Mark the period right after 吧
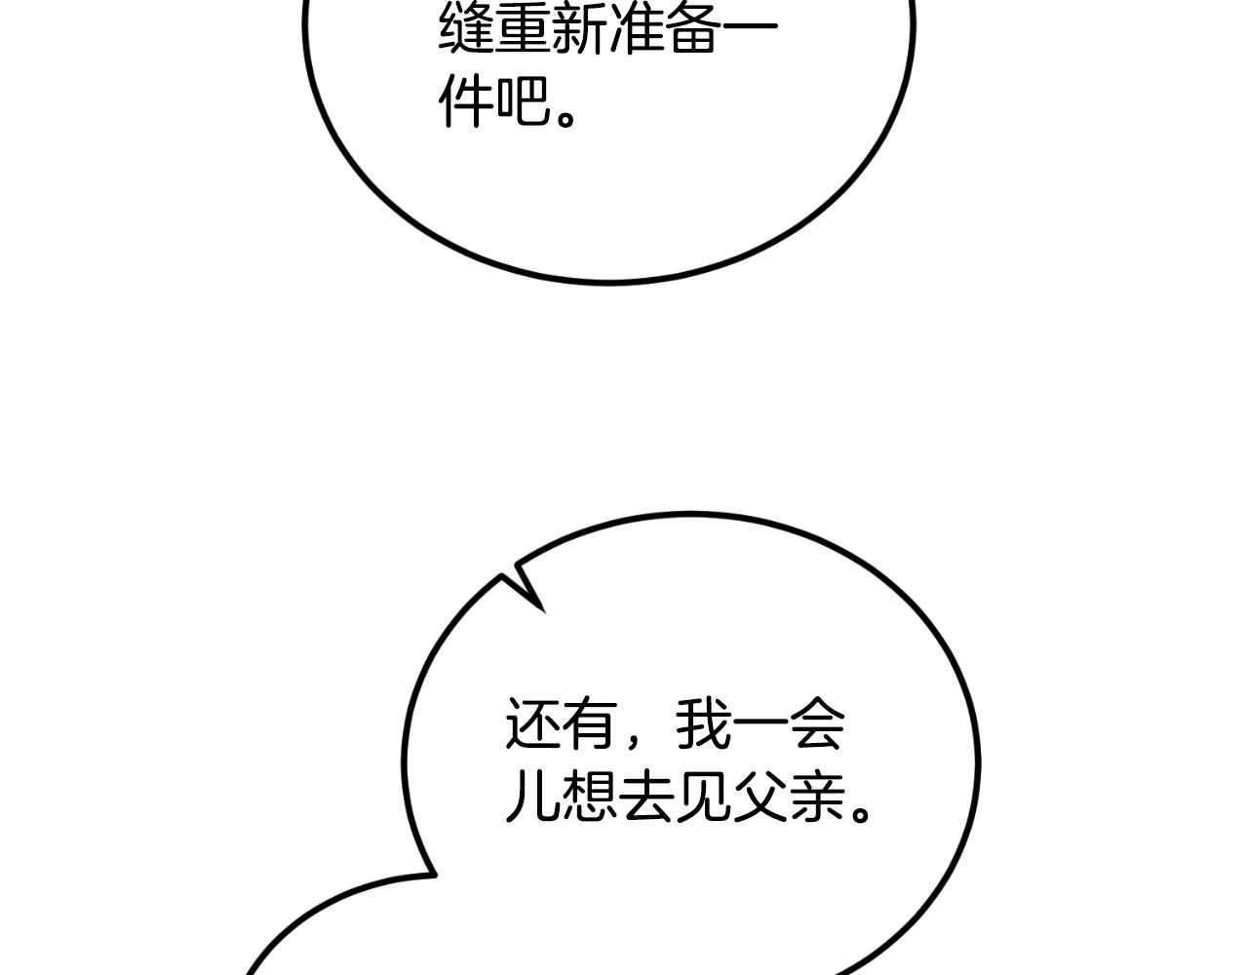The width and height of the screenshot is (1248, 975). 566,118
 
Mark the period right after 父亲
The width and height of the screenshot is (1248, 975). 860,811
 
